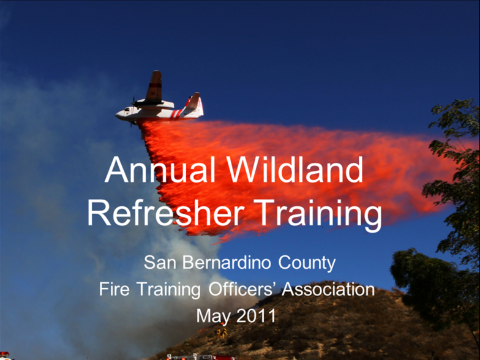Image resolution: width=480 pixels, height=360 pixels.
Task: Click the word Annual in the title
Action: pos(160,170)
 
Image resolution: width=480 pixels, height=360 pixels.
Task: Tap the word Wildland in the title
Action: pos(295,170)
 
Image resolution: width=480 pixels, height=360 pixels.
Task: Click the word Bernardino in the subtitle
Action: pos(227,263)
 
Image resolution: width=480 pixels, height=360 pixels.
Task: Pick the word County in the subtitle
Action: pos(307,264)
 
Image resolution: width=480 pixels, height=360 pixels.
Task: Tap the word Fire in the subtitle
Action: pos(114,289)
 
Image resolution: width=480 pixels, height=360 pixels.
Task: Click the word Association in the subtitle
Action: pos(328,289)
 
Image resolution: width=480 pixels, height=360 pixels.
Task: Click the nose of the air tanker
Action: pos(118,115)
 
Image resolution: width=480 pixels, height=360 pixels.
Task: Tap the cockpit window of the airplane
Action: pos(127,109)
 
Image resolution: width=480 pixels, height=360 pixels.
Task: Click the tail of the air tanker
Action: pos(195,104)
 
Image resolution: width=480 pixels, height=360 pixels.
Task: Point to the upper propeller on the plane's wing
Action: pos(133,103)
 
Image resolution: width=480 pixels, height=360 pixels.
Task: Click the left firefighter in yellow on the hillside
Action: pos(219,332)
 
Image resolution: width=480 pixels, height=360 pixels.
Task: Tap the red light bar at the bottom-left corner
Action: pos(5,354)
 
